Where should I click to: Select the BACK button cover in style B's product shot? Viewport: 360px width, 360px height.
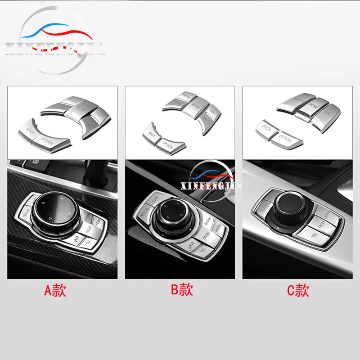pos(150,133)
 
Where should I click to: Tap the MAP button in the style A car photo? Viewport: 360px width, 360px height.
pos(79,238)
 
